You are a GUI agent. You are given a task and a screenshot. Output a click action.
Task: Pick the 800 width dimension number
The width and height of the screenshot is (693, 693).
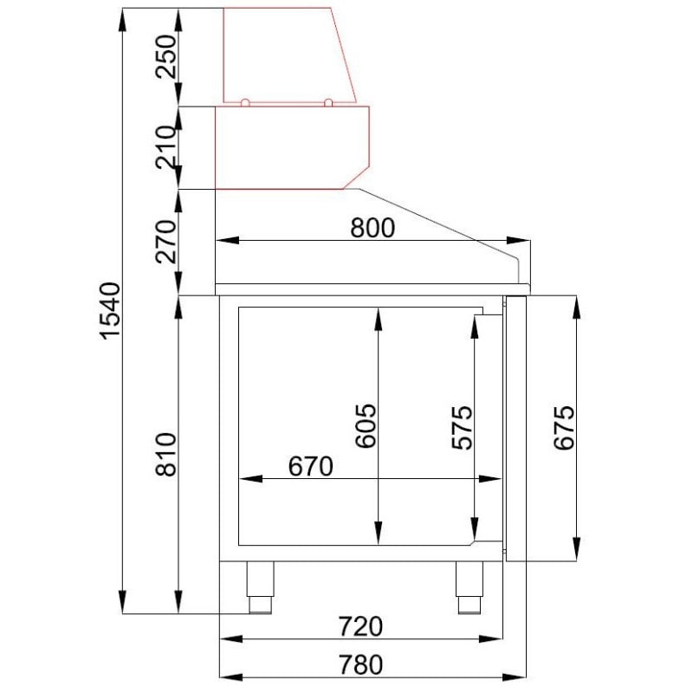(372, 227)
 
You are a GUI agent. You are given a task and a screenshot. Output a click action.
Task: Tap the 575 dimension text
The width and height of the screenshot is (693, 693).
(463, 425)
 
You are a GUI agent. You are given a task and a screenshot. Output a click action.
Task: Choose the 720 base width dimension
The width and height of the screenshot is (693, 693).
(359, 625)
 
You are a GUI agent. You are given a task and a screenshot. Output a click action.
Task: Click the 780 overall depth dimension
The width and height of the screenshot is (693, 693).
(359, 664)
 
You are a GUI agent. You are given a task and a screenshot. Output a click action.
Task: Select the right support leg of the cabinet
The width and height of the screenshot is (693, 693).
(469, 586)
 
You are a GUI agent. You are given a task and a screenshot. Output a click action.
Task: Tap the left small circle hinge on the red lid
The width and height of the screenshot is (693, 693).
(245, 103)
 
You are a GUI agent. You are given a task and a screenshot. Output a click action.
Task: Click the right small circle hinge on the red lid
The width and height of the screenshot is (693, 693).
(329, 103)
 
